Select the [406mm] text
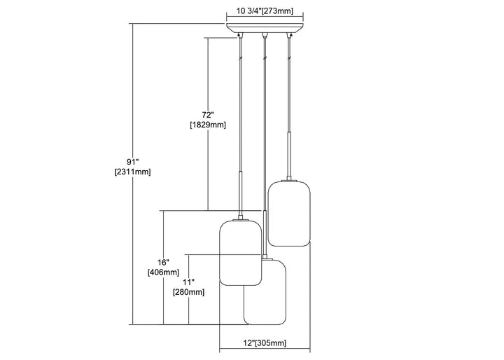163,272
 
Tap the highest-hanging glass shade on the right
288,214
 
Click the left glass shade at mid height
241,253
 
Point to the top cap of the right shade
288,181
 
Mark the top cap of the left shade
241,219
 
